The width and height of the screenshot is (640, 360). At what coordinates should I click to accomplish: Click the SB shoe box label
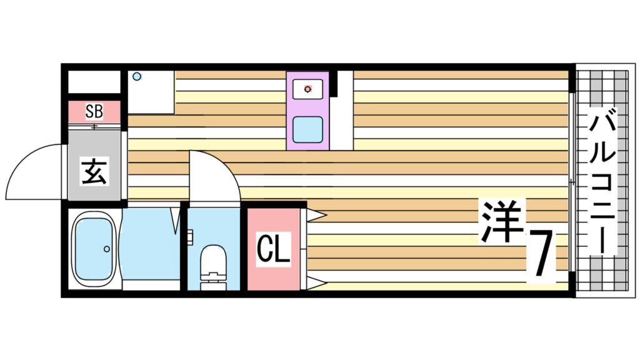click(x=94, y=111)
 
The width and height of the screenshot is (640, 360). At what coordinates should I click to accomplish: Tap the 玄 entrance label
click(x=94, y=172)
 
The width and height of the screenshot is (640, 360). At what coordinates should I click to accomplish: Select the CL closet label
click(x=274, y=249)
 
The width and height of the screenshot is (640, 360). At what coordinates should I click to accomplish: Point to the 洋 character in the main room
click(x=502, y=222)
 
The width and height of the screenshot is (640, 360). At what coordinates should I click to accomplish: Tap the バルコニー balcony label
click(x=603, y=184)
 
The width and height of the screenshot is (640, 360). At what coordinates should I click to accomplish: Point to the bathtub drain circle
click(x=107, y=249)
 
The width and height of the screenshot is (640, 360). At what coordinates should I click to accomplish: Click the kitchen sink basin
click(x=307, y=129)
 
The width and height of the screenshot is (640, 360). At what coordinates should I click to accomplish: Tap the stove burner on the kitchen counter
click(x=307, y=89)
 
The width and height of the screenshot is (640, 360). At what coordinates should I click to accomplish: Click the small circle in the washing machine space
click(x=137, y=76)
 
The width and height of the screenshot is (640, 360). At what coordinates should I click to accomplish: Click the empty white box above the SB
click(x=94, y=82)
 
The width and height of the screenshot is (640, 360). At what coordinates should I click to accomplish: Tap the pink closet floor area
click(x=274, y=249)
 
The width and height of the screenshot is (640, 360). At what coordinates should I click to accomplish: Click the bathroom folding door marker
click(x=176, y=221)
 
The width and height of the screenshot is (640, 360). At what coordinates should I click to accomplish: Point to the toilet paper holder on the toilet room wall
click(x=190, y=237)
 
